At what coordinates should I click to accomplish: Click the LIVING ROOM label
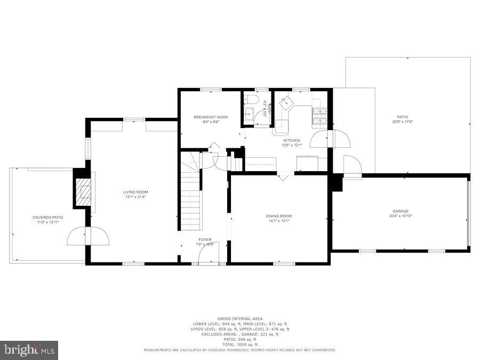tap(135, 192)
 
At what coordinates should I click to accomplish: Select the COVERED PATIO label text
tap(48, 218)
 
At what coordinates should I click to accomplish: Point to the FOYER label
tap(205, 239)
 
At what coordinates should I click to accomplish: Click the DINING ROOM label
tap(278, 216)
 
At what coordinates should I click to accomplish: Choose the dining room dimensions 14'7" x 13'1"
tap(278, 221)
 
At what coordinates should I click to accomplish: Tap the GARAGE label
tap(401, 211)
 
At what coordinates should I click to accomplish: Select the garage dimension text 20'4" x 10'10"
tap(401, 216)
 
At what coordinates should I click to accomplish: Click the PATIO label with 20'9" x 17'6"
tap(402, 117)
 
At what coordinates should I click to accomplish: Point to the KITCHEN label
tap(291, 140)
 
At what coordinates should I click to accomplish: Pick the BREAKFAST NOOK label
tap(207, 117)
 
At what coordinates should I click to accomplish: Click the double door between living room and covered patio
tap(88, 236)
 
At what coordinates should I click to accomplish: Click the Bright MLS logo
tap(30, 350)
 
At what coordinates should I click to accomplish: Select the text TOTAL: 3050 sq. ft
tap(239, 345)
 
